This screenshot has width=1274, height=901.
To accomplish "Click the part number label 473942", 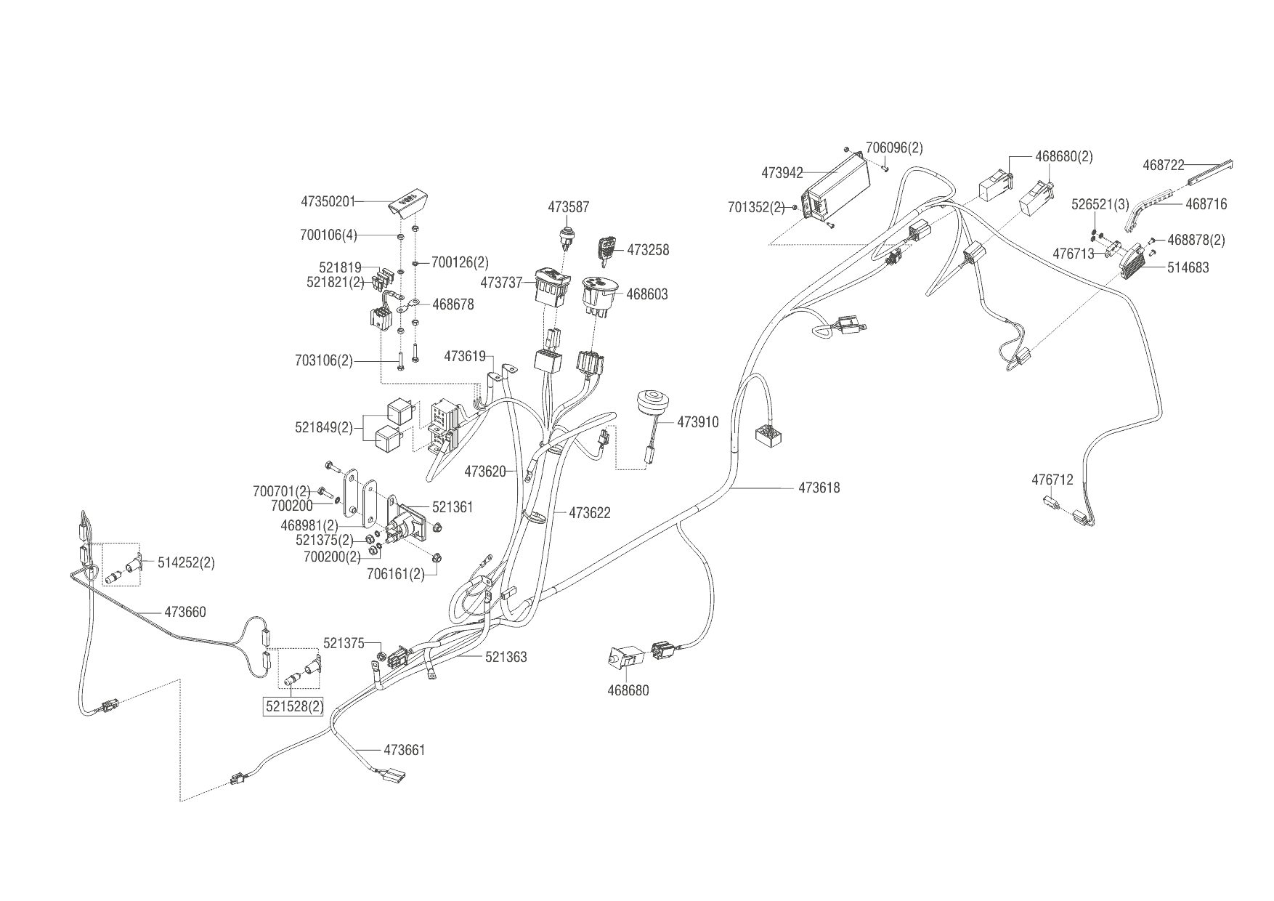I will click(x=782, y=173).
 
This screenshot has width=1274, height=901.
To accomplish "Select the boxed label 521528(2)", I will click(x=293, y=706).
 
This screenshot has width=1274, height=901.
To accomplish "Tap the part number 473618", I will click(x=819, y=488).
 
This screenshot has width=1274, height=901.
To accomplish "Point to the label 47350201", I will click(x=328, y=201).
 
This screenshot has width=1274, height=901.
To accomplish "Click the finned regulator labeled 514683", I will click(x=1139, y=259).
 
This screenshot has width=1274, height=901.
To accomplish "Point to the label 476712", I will click(x=1052, y=480).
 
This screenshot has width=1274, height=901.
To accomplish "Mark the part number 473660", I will click(x=185, y=612).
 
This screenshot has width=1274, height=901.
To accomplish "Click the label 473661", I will click(x=404, y=750).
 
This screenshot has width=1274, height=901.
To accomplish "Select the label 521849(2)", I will click(x=323, y=427).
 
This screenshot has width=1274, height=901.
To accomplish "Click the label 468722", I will click(x=1164, y=165).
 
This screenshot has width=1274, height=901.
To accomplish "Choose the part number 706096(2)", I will click(x=895, y=148).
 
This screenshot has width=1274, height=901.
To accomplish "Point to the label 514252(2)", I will click(x=186, y=562).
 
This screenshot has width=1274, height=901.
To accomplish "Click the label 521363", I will click(x=506, y=657).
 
